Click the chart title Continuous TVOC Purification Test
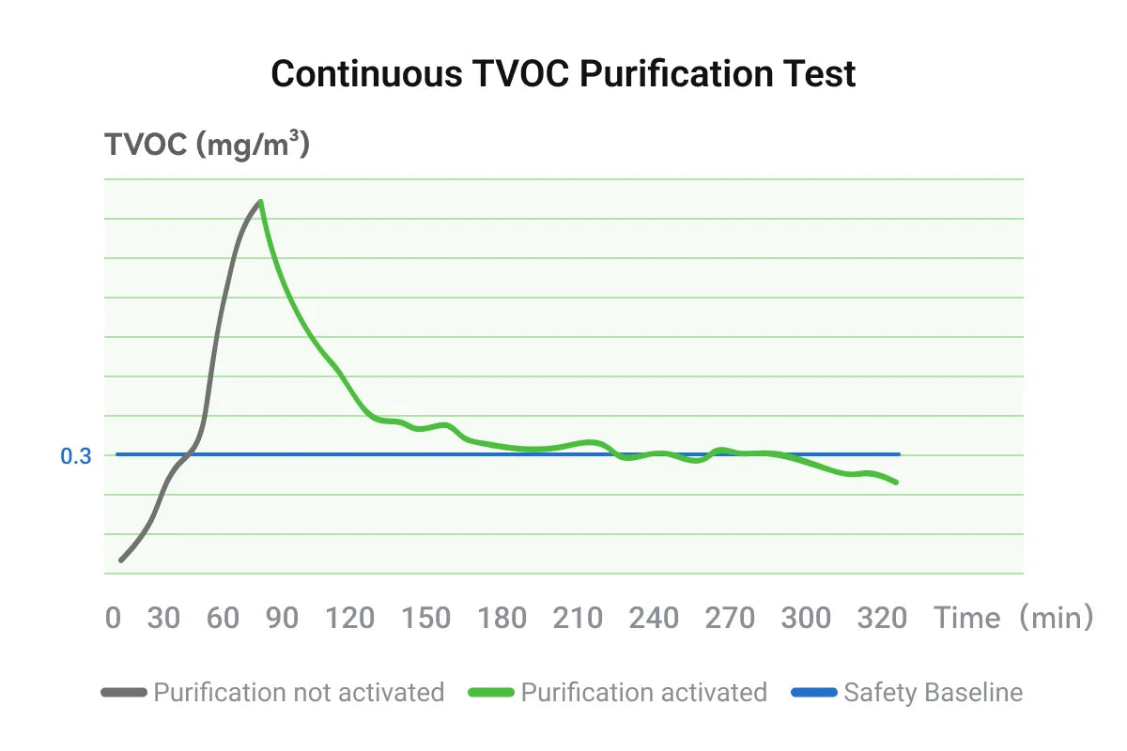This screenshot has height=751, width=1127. tap(563, 73)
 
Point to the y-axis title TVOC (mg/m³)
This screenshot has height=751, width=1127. tap(207, 146)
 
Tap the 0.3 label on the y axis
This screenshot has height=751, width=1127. tap(76, 457)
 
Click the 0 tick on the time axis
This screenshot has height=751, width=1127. tap(114, 618)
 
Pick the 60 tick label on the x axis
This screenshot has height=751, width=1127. tap(224, 618)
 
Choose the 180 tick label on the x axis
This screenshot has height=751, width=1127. tap(502, 618)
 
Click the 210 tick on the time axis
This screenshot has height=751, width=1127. tap(578, 618)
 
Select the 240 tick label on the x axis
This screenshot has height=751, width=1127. tap(654, 618)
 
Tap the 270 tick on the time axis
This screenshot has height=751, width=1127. tap(730, 618)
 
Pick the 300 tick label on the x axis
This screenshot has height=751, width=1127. tap(806, 618)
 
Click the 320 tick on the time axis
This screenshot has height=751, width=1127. tap(881, 618)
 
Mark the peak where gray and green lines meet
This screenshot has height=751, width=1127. tap(260, 201)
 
